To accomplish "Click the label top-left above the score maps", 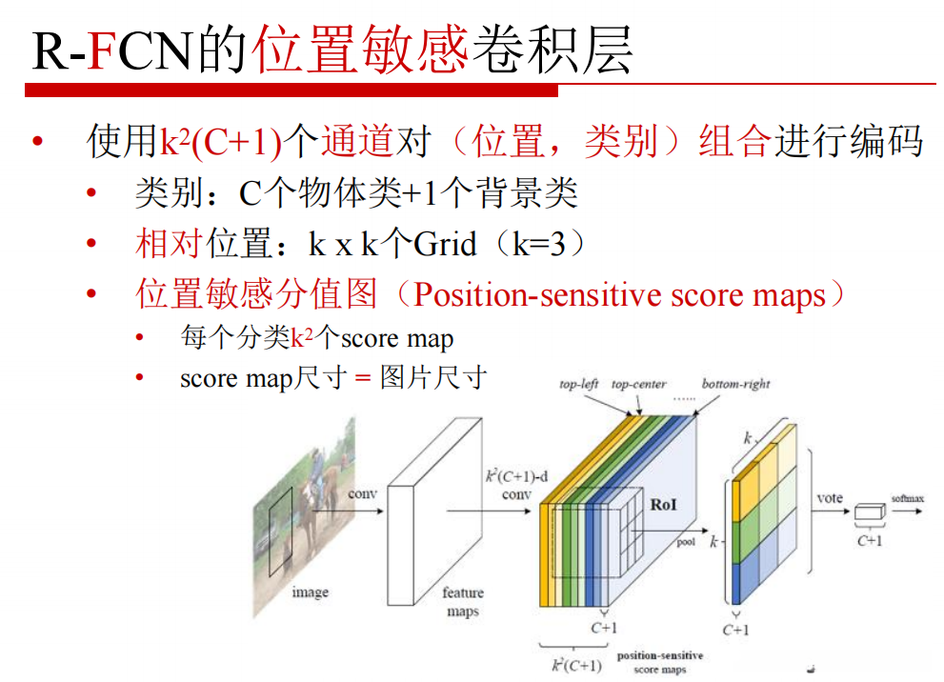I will coord(579,385).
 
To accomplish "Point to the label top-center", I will coord(638,385).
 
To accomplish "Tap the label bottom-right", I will coord(735,385).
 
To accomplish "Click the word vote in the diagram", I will coord(831,498).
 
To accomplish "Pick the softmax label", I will coord(908,498).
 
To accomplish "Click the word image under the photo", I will coord(310,592).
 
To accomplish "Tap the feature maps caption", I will coord(463,601).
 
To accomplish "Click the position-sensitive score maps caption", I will coord(660,662).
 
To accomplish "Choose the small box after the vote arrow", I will coord(868,513).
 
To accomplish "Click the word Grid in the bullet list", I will coord(445,245).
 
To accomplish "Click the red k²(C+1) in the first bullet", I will coord(221,143).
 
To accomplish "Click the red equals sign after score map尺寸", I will coord(361,378).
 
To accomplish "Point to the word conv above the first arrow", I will coord(362,494).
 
